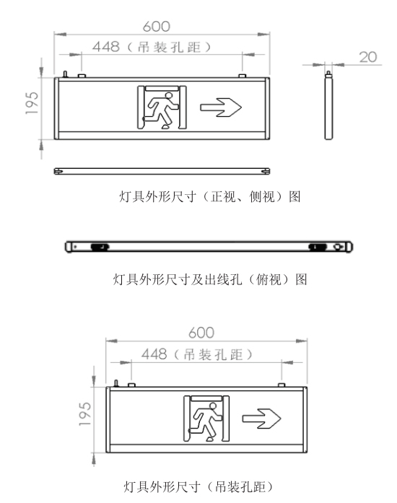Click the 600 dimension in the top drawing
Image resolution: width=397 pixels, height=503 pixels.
[157, 26]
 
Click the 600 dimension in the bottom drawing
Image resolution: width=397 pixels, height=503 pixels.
[201, 333]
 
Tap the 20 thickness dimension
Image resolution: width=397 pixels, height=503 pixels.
[368, 57]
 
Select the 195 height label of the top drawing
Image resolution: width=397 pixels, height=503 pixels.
[32, 103]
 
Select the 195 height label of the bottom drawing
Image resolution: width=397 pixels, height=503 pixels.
[85, 414]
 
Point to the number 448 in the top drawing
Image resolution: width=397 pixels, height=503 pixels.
[106, 47]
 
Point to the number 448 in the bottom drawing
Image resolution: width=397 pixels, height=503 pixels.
[154, 354]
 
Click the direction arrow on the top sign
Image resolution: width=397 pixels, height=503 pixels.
[221, 108]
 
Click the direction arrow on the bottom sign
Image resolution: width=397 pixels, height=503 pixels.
[261, 419]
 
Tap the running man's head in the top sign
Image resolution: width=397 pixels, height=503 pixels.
[168, 95]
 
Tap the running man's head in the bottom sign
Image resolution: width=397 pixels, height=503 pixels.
[212, 406]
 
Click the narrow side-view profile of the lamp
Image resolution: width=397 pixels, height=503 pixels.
[328, 105]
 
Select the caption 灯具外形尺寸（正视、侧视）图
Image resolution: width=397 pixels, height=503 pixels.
[210, 196]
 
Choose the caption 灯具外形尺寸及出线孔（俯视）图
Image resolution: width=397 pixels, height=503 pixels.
[210, 279]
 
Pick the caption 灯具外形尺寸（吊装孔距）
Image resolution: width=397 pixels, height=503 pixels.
[198, 487]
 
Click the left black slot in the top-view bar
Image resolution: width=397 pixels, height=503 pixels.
[100, 247]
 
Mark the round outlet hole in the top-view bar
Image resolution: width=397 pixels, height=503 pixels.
[338, 247]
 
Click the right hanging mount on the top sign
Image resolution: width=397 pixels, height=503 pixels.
[243, 76]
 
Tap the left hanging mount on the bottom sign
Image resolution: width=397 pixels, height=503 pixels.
[131, 385]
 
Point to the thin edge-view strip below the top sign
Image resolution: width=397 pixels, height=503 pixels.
[162, 171]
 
